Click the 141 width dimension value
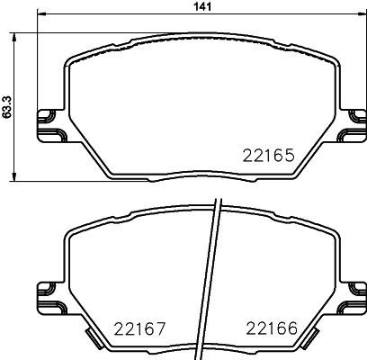(x=203, y=6)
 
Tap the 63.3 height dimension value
(x=6, y=107)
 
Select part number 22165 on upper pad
(x=268, y=156)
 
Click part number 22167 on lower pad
(x=139, y=328)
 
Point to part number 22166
(x=272, y=328)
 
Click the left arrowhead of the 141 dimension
(x=41, y=13)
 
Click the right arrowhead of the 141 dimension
(x=363, y=13)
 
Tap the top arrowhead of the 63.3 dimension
(x=13, y=37)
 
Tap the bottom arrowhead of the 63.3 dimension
(x=13, y=176)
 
